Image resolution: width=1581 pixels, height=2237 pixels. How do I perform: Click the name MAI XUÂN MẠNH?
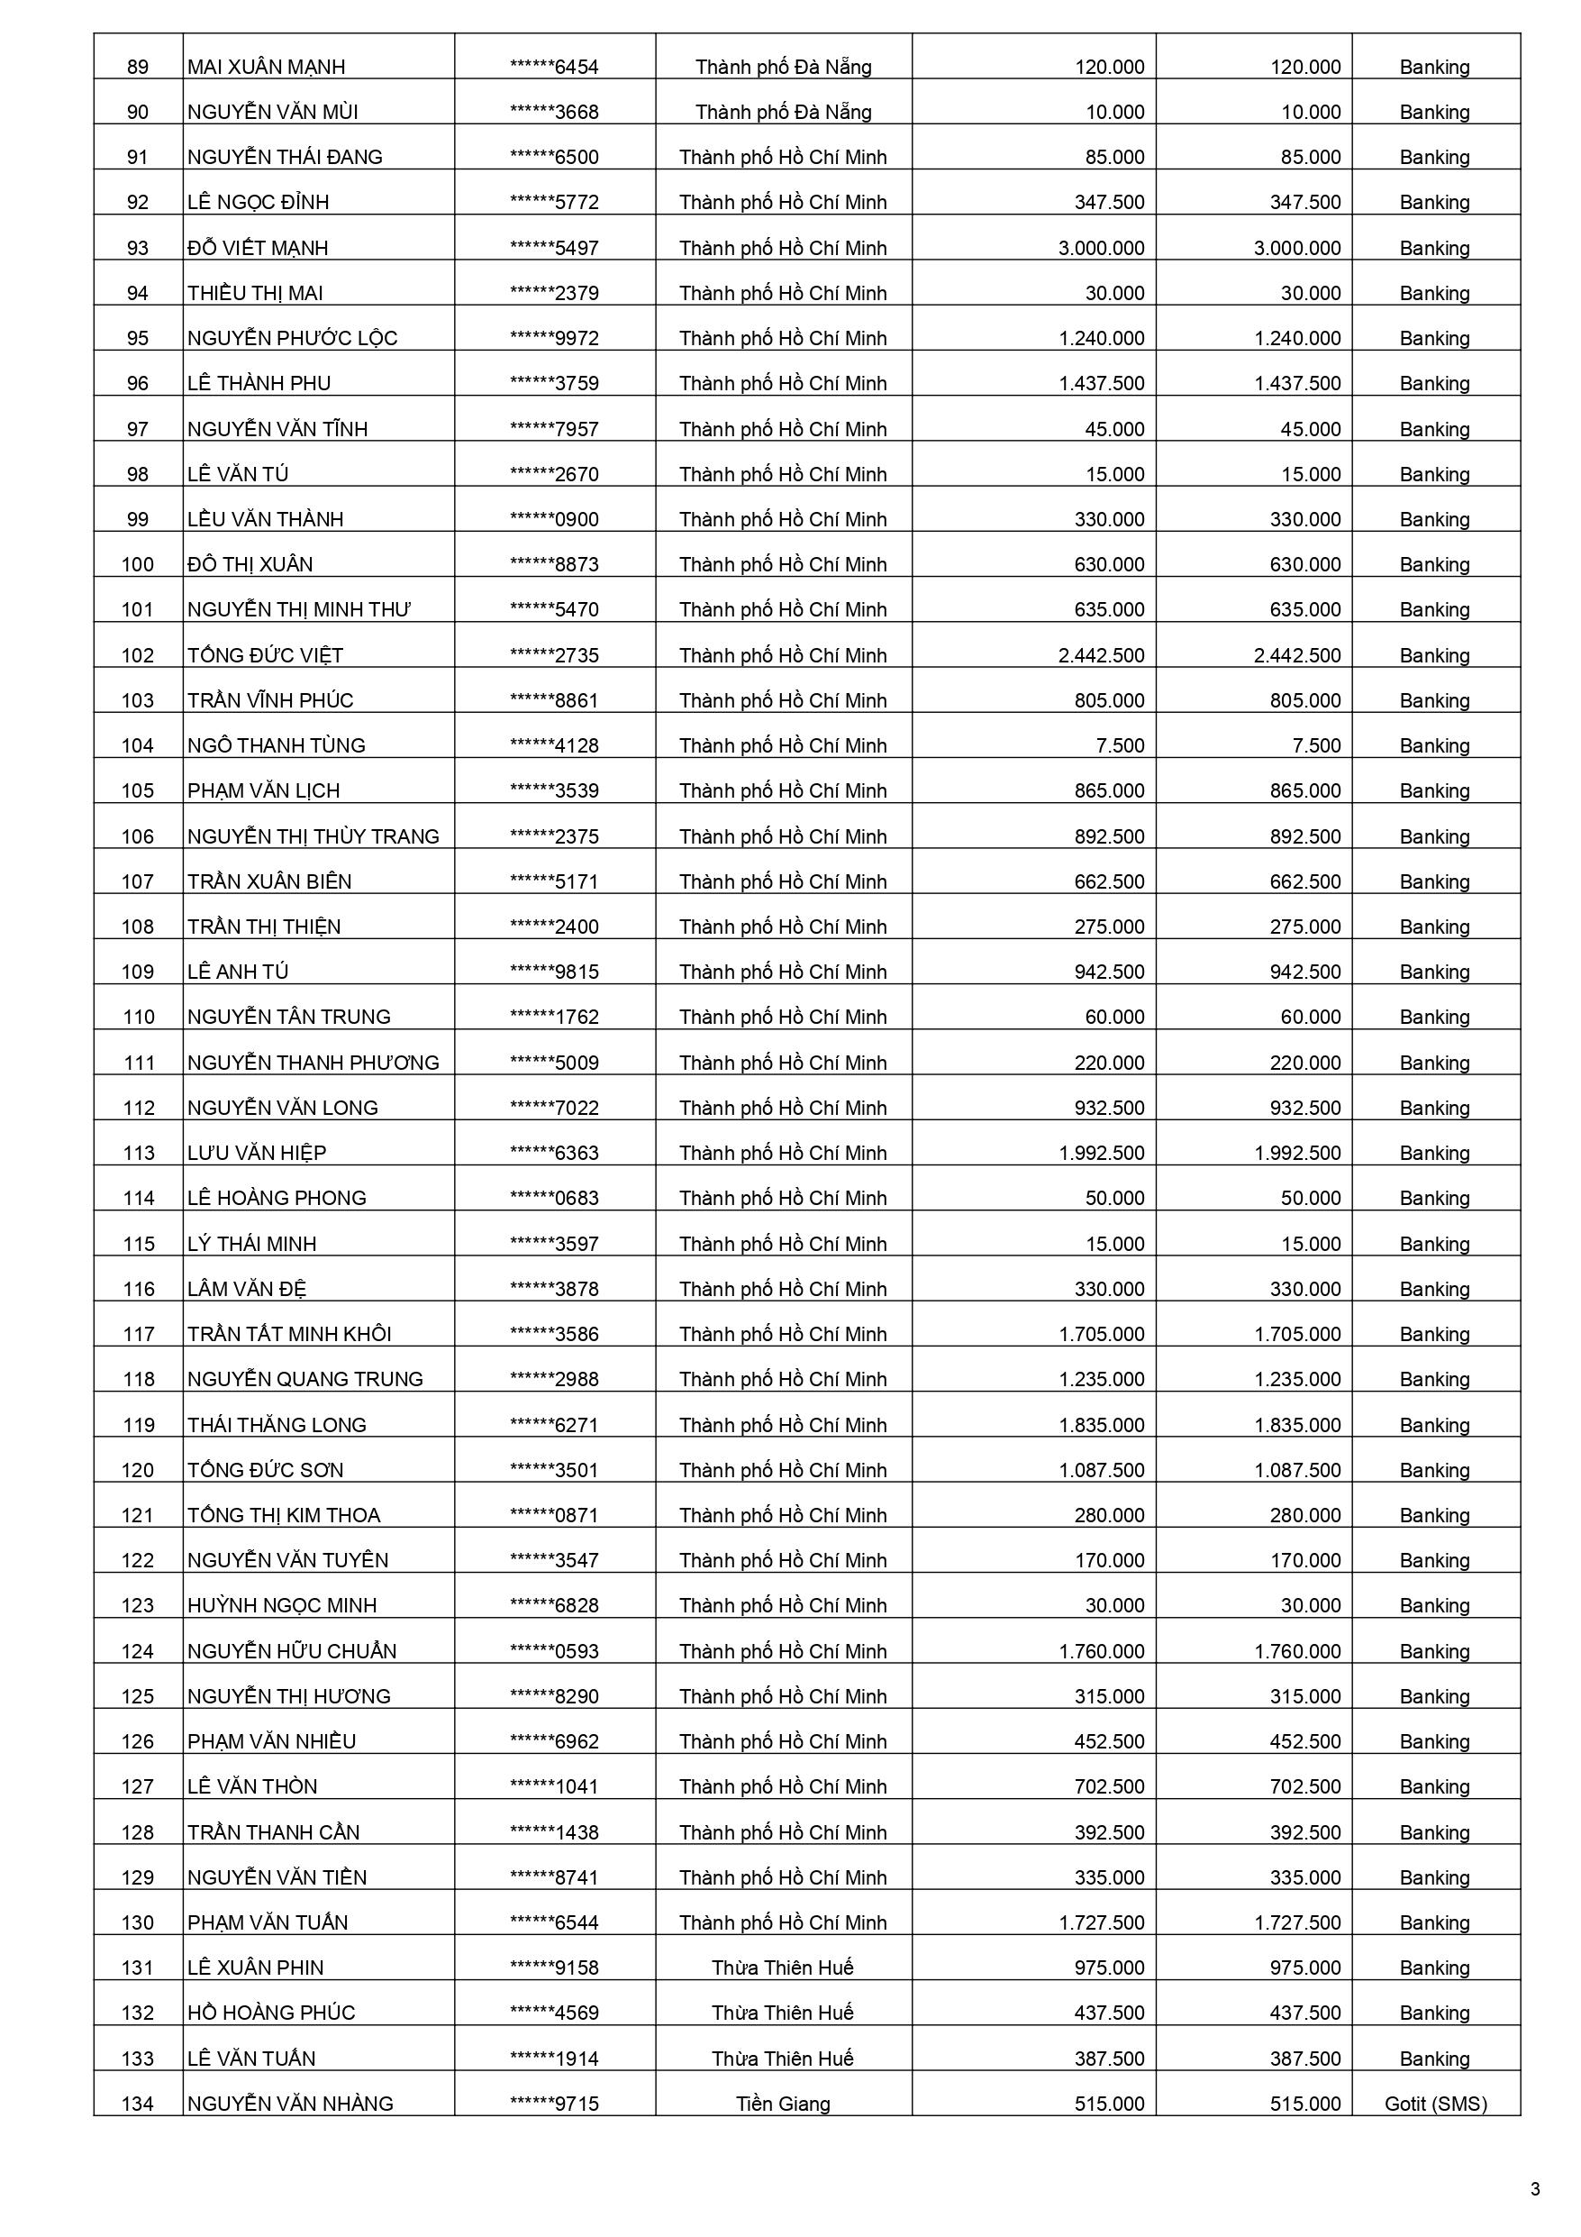(266, 68)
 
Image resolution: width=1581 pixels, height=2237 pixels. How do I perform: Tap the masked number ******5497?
(554, 249)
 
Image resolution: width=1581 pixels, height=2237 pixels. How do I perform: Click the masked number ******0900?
(554, 519)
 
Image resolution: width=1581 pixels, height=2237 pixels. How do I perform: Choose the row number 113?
(139, 1153)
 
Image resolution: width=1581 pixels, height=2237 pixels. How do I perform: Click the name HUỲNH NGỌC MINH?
(282, 1604)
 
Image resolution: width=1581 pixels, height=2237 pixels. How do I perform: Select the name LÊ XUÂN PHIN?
(255, 1968)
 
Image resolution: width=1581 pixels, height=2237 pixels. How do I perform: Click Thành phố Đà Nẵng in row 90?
(782, 112)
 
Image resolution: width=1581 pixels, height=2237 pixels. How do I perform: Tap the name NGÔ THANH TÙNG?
(276, 745)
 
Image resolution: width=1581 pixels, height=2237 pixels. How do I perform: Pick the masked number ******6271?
(554, 1424)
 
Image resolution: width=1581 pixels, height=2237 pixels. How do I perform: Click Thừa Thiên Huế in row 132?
(782, 2012)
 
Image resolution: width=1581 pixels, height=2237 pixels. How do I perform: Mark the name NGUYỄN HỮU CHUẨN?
(291, 1650)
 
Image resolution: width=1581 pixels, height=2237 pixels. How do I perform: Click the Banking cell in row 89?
(1434, 68)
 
